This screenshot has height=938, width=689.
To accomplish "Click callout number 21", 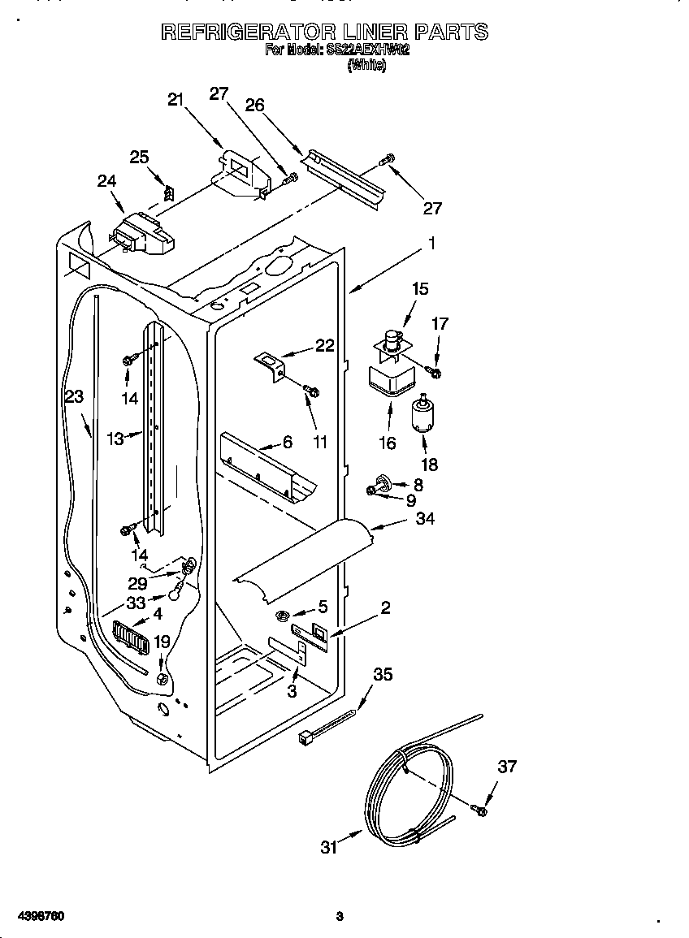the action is (x=176, y=99).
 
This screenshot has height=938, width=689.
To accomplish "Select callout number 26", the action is (x=254, y=105).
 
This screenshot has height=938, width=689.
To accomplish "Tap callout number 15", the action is (x=419, y=288).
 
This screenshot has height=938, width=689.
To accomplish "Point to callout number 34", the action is (x=425, y=518).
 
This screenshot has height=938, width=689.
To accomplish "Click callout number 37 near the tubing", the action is (x=507, y=766).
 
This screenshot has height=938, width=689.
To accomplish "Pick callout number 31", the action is (x=328, y=847).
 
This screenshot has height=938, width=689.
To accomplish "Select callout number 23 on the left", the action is (x=75, y=396).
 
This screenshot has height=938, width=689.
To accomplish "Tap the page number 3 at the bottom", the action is (x=340, y=917).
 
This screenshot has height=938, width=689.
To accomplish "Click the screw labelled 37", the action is (x=479, y=809).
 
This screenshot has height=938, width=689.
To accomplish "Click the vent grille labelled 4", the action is (x=131, y=638).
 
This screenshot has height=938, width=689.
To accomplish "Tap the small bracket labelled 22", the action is (x=271, y=363).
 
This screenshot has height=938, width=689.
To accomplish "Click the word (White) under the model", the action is (x=366, y=66).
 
